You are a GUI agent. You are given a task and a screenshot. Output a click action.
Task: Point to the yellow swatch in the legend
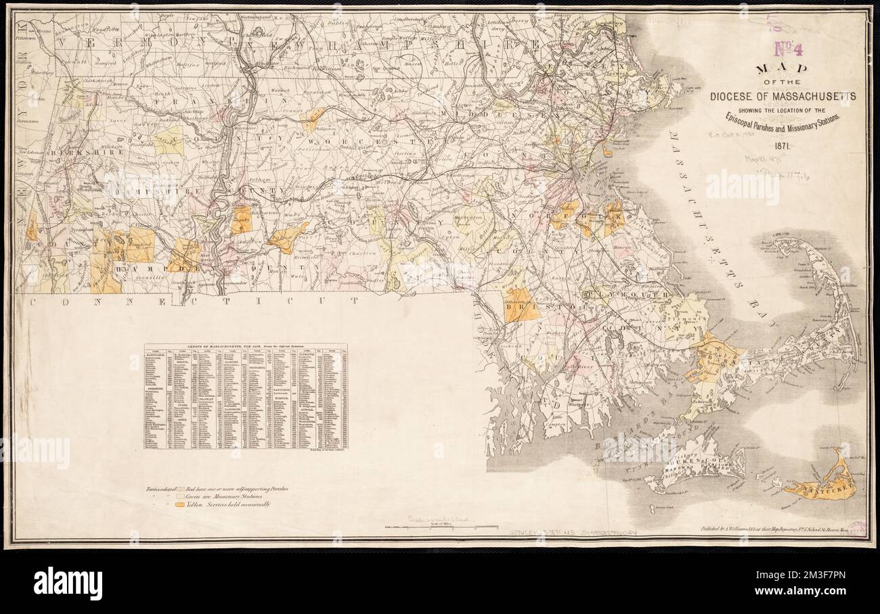(x=179, y=504)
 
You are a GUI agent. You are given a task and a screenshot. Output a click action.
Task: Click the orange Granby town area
(x=241, y=220)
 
